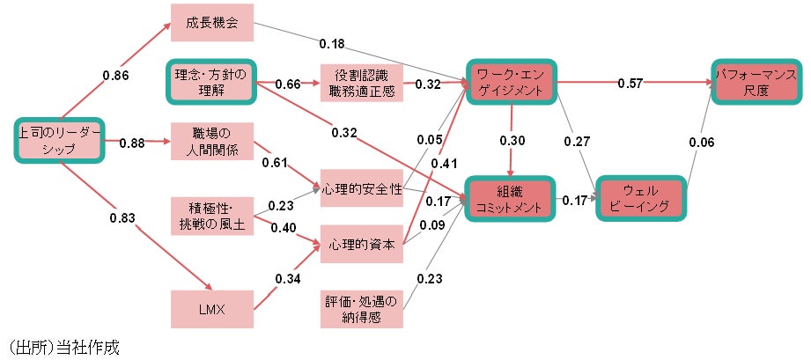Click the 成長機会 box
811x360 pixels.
click(x=212, y=21)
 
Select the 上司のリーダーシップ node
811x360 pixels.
click(x=59, y=141)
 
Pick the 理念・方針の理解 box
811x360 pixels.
click(x=212, y=83)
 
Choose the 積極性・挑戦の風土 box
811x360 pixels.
click(x=212, y=216)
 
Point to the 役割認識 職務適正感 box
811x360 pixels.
click(x=361, y=83)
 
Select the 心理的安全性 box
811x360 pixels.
click(x=361, y=189)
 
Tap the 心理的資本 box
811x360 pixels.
click(x=361, y=243)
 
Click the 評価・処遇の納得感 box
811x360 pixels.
click(x=361, y=311)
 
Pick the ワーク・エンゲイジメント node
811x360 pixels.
click(x=511, y=83)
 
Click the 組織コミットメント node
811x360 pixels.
click(x=511, y=198)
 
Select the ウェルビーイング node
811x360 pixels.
click(x=640, y=198)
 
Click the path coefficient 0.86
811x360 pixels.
click(x=115, y=76)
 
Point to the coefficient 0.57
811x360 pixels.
click(x=629, y=83)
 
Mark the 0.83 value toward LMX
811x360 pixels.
click(x=122, y=217)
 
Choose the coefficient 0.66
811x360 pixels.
click(x=288, y=84)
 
